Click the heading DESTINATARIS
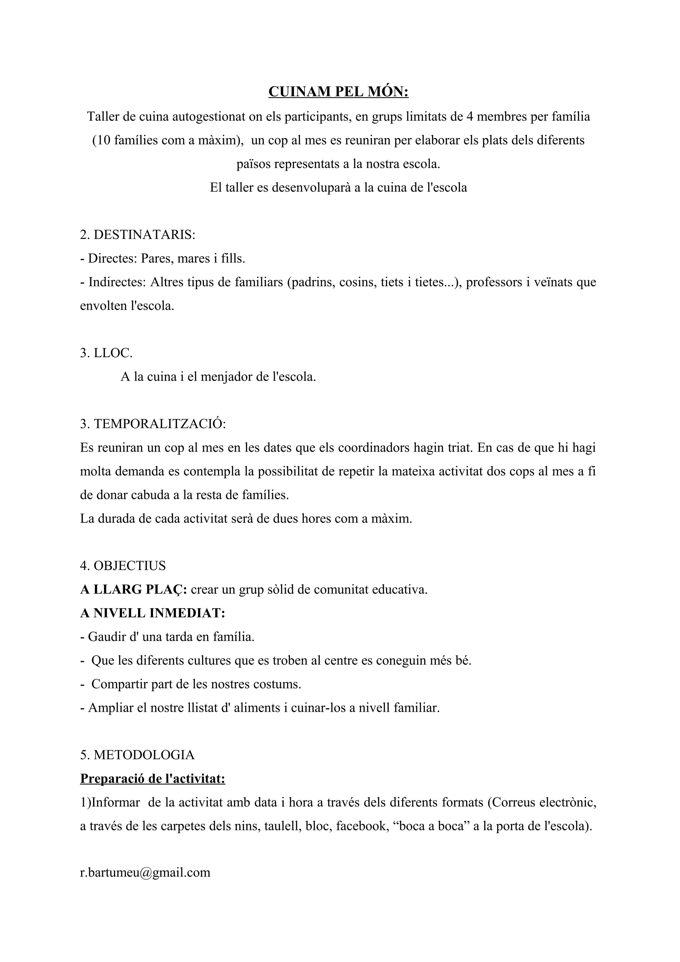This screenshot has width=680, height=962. click(144, 235)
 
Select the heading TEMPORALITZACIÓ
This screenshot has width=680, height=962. click(159, 424)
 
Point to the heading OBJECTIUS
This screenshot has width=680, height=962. click(129, 566)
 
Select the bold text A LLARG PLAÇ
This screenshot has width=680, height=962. click(133, 590)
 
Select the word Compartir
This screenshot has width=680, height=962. click(120, 684)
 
